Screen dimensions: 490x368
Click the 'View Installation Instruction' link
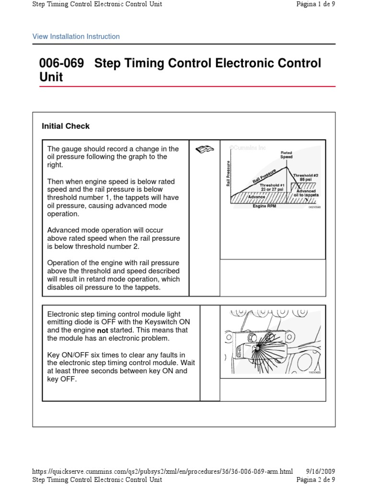click(76, 36)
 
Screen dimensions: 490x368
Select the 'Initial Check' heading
click(66, 126)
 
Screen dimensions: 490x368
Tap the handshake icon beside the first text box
click(205, 150)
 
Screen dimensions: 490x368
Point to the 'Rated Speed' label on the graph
click(287, 155)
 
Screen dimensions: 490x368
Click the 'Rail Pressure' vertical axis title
click(228, 173)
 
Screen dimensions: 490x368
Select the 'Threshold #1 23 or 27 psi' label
click(272, 187)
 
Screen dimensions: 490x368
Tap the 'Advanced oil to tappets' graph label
click(305, 193)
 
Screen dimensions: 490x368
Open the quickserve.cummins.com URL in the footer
click(162, 471)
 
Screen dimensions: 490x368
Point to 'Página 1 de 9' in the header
click(316, 4)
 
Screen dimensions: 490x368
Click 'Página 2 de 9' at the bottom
click(316, 479)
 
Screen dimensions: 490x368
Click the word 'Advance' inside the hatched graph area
click(256, 196)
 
